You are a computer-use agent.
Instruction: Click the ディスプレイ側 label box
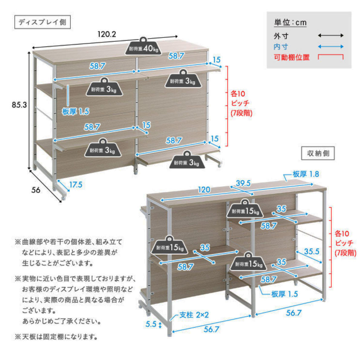(x=42, y=22)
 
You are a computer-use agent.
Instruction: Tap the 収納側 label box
(x=318, y=153)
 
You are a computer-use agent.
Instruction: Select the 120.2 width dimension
(x=106, y=34)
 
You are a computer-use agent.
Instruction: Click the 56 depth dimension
(x=36, y=190)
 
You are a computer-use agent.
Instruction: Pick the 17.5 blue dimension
(x=76, y=185)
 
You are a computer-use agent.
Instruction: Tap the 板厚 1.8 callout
(x=306, y=174)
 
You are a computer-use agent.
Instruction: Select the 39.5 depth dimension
(x=243, y=183)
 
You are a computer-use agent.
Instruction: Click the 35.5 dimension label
(x=312, y=251)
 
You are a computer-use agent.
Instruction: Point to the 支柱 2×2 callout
(x=194, y=315)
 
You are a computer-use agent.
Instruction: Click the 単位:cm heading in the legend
(x=290, y=23)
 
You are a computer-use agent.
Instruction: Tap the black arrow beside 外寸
(x=331, y=36)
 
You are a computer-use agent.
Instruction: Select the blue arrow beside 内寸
(x=331, y=47)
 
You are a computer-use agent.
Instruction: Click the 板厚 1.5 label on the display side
(x=76, y=112)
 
